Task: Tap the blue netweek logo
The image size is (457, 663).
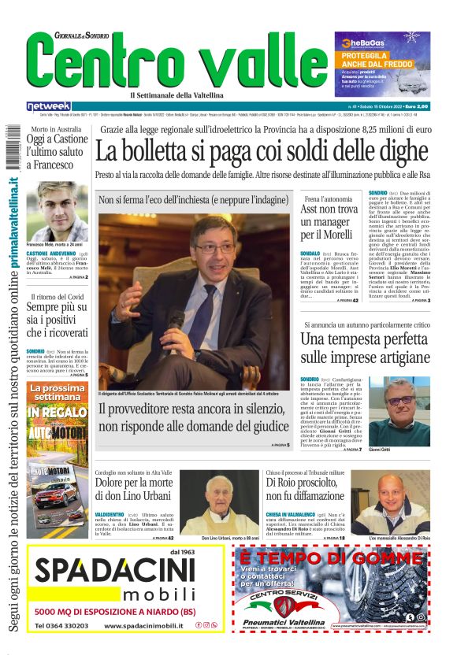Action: pyautogui.click(x=48, y=106)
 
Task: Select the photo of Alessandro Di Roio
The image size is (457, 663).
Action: pyautogui.click(x=402, y=504)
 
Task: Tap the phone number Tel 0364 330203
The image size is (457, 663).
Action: pyautogui.click(x=61, y=626)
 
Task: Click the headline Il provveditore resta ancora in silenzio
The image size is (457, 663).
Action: pyautogui.click(x=194, y=417)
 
